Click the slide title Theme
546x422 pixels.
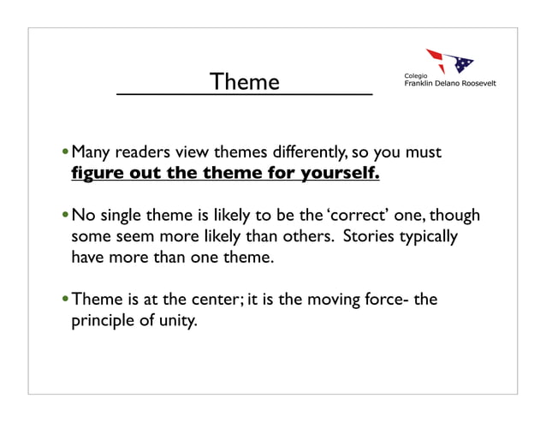pos(245,82)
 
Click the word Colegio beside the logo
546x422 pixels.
pos(416,76)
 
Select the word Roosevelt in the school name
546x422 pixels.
pos(475,84)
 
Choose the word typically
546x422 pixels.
pos(430,235)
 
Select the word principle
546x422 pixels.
pos(102,322)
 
